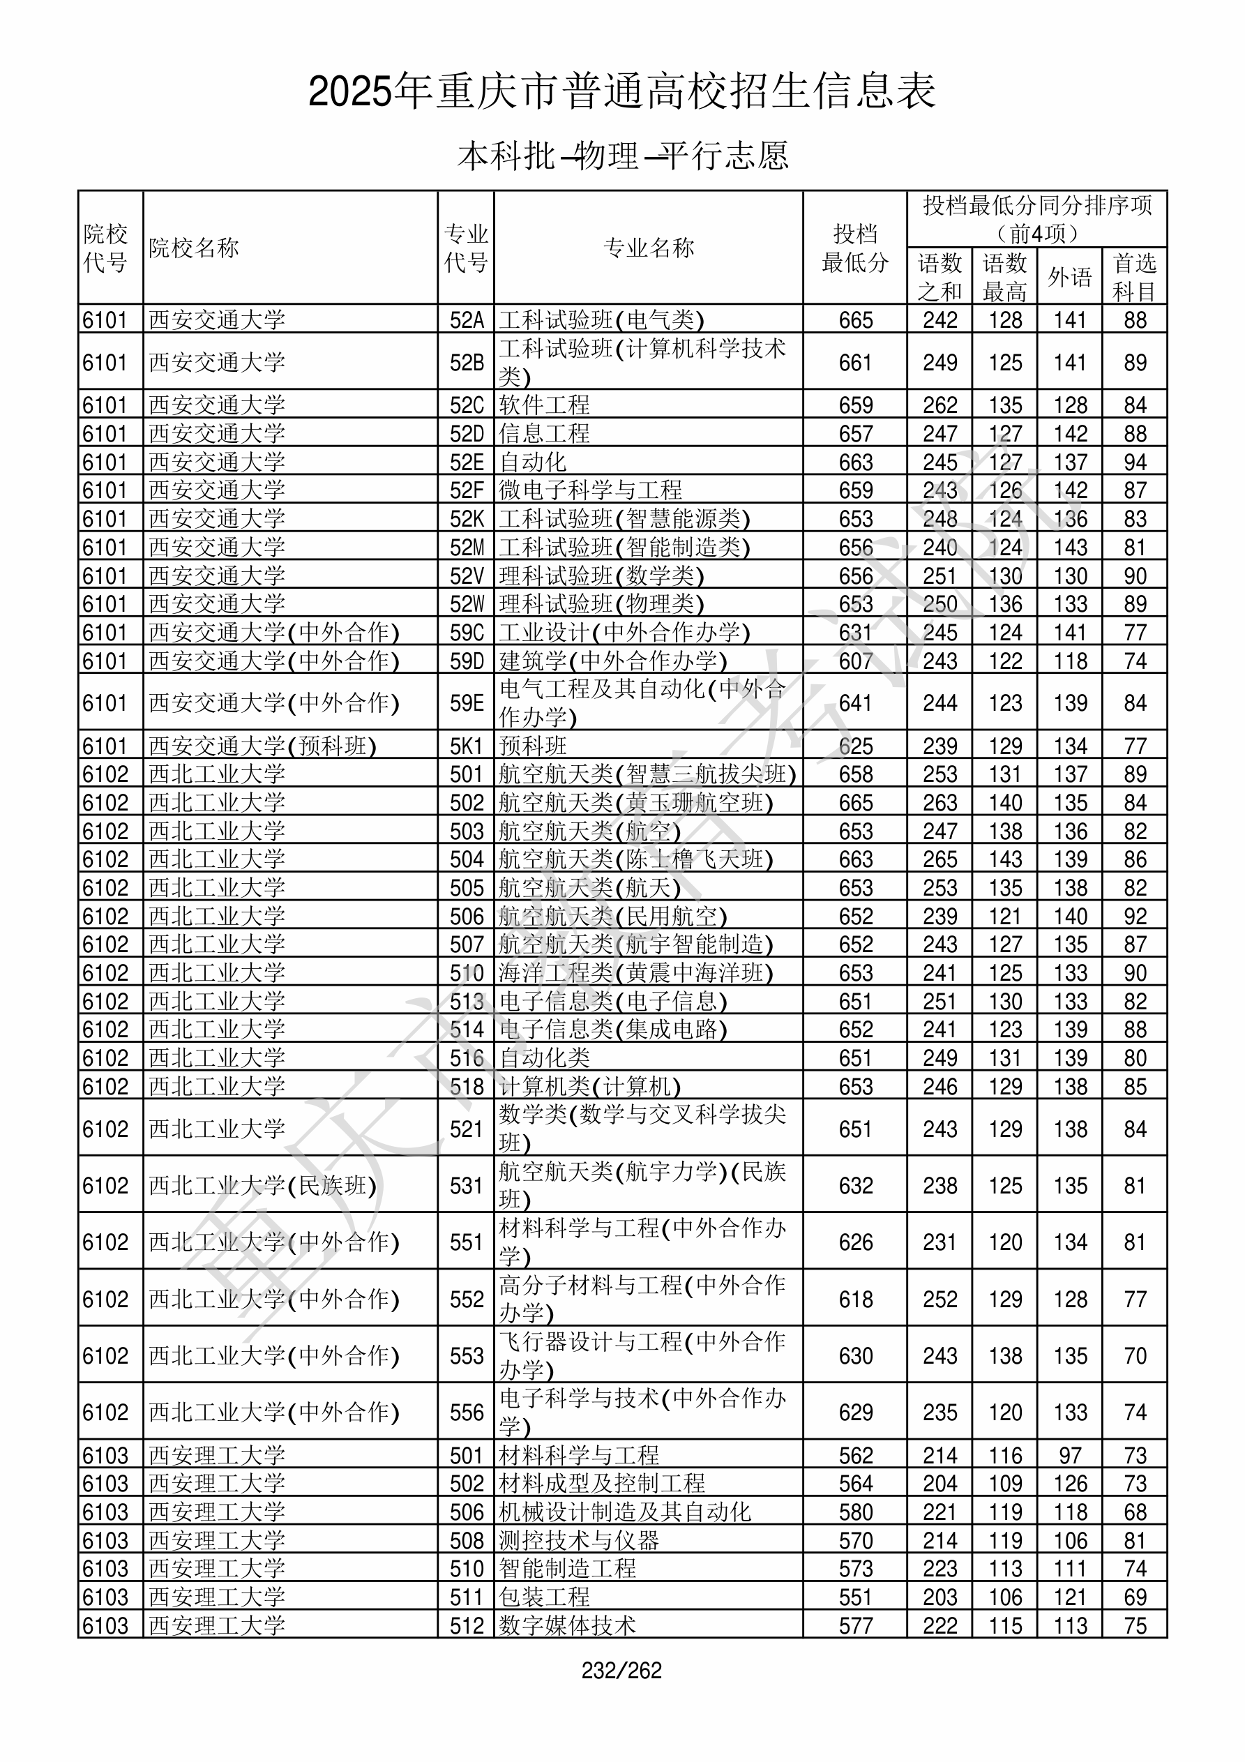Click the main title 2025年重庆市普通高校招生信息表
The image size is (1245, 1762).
coord(621,91)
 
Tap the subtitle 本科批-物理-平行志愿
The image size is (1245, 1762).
coord(621,156)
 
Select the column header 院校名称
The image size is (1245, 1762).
coord(194,248)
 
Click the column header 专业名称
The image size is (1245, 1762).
coord(649,248)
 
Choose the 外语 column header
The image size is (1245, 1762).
coord(1069,277)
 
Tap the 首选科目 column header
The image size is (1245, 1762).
coord(1135,277)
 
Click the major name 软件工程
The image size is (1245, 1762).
coord(544,405)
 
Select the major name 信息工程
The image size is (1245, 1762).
coord(544,434)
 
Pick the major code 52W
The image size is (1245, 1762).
coord(467,604)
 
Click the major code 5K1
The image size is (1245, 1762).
coord(467,746)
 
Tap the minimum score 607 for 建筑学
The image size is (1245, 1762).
coord(855,661)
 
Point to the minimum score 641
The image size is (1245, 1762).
coord(855,703)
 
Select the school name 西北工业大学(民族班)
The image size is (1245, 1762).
coord(262,1186)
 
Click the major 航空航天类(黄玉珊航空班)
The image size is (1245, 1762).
coord(635,803)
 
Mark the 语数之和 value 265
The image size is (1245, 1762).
coord(940,859)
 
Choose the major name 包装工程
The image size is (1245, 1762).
coord(544,1597)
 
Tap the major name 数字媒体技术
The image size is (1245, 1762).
coord(567,1625)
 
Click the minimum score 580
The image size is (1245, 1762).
coord(855,1512)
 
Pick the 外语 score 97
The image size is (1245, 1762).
coord(1069,1456)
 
